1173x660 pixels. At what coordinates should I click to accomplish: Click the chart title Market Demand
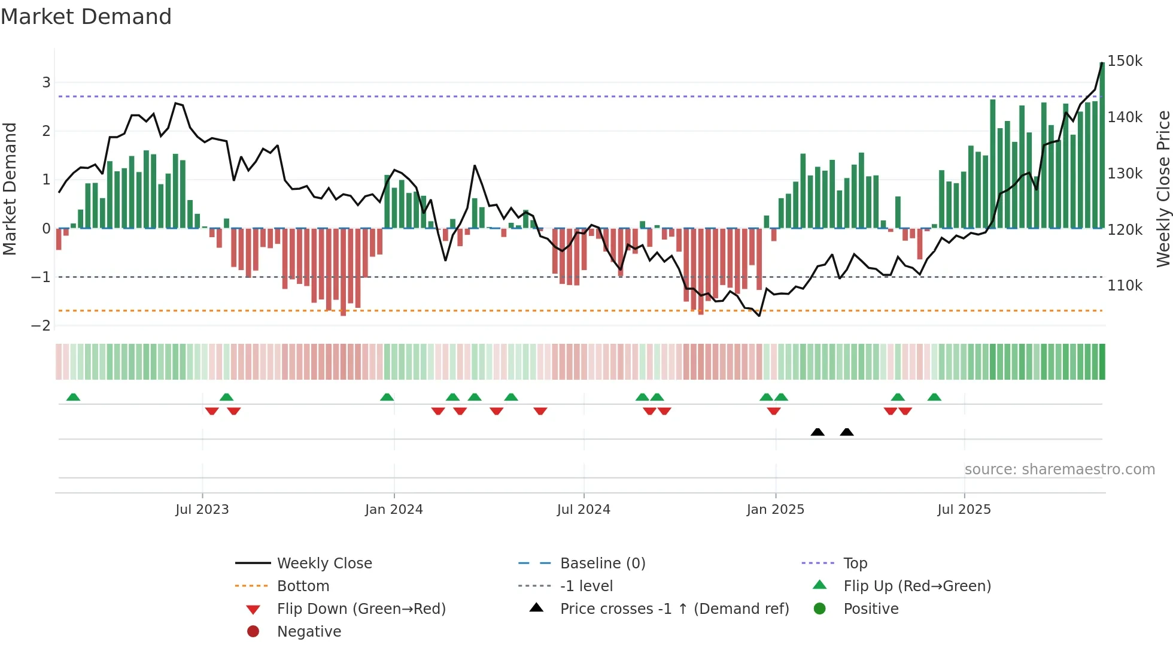(86, 17)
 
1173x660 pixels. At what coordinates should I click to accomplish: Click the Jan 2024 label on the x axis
(394, 510)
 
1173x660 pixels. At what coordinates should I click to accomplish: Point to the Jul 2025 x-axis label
(964, 510)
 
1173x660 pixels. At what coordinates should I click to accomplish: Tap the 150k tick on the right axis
(1125, 61)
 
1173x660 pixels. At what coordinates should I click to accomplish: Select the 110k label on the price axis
(1125, 286)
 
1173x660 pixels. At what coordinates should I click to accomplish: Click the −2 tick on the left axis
(41, 326)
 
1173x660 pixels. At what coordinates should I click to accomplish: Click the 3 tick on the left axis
(46, 83)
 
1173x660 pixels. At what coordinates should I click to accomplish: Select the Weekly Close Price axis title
(1163, 189)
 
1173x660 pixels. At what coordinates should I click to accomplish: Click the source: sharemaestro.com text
(1059, 470)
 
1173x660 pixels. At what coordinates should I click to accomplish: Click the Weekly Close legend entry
(324, 564)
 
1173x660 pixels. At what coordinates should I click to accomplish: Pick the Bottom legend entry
(303, 586)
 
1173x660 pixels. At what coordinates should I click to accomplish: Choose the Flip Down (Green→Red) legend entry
(361, 609)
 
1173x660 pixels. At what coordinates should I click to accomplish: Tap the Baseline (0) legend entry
(603, 564)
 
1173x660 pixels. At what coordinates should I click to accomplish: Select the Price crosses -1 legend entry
(674, 609)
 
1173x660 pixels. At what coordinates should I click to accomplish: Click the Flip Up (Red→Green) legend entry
(917, 586)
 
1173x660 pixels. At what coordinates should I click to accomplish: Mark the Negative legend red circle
(253, 632)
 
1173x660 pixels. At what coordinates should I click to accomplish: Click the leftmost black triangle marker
(818, 432)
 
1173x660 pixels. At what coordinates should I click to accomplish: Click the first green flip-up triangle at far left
(73, 397)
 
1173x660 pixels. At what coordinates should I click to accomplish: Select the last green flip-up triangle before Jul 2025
(934, 397)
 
